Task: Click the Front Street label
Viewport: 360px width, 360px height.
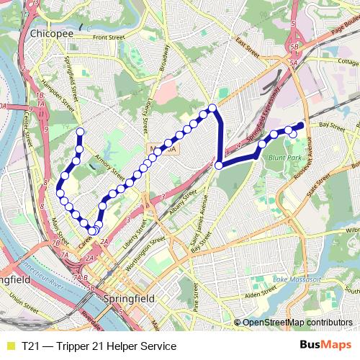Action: [109, 36]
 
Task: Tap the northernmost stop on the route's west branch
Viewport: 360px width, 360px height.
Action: [79, 131]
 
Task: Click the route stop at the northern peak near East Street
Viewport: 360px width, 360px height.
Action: [212, 109]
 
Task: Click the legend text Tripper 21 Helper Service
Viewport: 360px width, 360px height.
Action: [101, 346]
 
